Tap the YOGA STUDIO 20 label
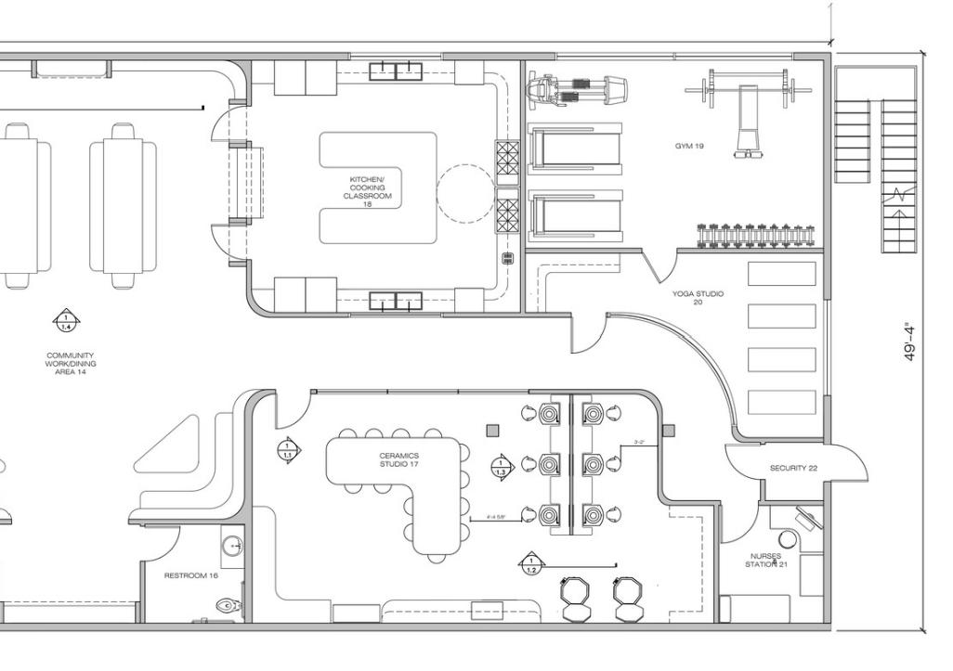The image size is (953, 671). (698, 298)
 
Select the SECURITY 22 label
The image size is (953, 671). (793, 468)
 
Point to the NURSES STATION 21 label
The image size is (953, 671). (766, 561)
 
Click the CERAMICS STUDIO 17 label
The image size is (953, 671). (399, 459)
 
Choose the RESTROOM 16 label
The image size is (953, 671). (190, 575)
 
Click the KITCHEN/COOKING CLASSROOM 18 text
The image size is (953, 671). (368, 188)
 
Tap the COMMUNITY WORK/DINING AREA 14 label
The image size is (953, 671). (70, 364)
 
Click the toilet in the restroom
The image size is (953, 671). (228, 606)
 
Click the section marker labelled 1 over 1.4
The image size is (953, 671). (66, 321)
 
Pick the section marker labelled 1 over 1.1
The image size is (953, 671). (288, 450)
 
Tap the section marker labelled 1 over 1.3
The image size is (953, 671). (502, 467)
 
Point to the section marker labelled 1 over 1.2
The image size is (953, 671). (530, 563)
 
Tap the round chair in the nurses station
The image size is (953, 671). (788, 538)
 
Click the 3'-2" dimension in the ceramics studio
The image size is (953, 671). (639, 442)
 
